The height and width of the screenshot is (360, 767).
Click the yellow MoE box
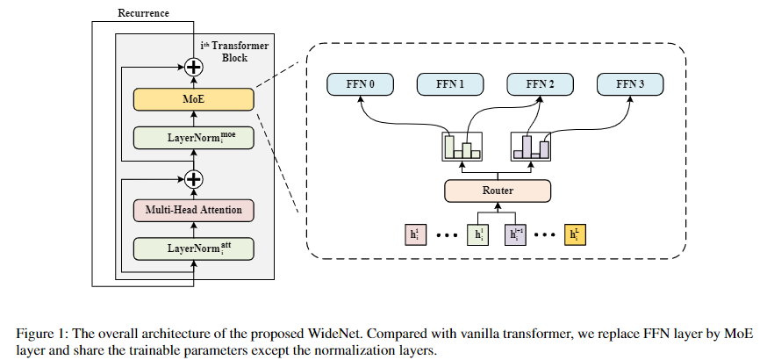tap(193, 99)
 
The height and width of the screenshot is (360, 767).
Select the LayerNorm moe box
tap(193, 137)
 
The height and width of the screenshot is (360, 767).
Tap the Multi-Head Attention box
tap(193, 211)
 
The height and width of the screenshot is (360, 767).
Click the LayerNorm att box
tap(193, 248)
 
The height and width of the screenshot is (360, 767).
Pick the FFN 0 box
tap(361, 85)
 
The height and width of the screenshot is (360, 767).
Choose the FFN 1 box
tap(450, 85)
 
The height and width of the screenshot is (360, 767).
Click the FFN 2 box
tap(540, 85)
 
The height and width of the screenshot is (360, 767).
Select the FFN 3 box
tap(629, 85)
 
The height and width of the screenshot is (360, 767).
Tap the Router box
tap(497, 191)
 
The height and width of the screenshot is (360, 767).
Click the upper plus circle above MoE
tap(193, 67)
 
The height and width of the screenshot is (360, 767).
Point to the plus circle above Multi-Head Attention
tap(193, 179)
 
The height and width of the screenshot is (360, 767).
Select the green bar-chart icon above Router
tap(462, 146)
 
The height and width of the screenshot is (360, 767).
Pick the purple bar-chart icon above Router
tap(532, 146)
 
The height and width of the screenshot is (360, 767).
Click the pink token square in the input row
tap(415, 234)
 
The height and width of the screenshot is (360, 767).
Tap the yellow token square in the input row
tap(576, 234)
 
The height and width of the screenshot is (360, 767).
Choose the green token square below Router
tap(477, 234)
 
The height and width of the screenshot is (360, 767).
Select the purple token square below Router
tap(516, 234)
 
